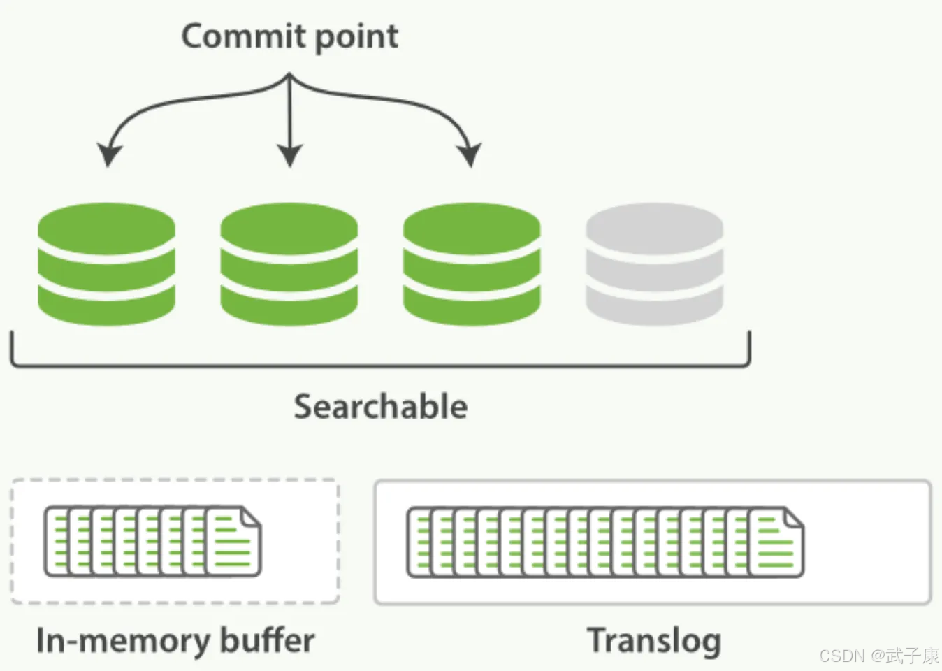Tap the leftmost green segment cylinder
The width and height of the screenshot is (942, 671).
[106, 264]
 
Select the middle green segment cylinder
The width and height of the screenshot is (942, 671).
[289, 264]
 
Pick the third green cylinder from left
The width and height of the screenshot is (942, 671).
[472, 264]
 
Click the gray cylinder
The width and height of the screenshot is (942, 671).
[654, 264]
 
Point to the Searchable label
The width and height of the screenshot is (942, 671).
[380, 407]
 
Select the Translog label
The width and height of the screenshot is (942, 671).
[654, 640]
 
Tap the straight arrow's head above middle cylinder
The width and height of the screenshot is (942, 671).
[289, 156]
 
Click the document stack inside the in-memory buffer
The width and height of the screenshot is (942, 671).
[152, 542]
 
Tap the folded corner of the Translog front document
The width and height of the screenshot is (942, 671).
[793, 518]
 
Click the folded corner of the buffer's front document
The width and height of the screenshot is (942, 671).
[251, 517]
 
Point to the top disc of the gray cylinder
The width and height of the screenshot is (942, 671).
[654, 227]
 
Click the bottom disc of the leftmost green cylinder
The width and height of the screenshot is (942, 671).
[106, 308]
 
